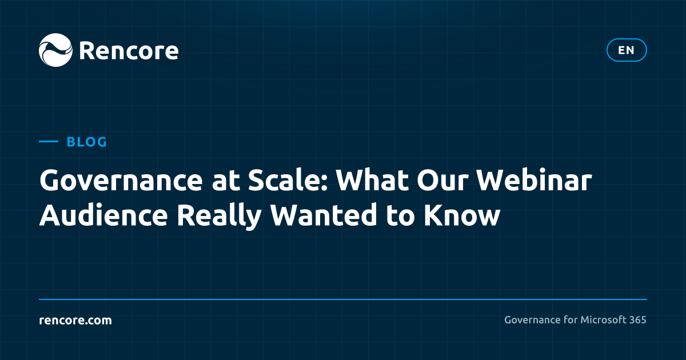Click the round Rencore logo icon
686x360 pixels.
coord(56,50)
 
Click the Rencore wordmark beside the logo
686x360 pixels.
coord(129,51)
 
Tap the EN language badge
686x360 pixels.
coord(627,50)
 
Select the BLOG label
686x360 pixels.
coord(87,142)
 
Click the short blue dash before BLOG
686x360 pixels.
coord(49,142)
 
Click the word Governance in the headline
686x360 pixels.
coord(121,181)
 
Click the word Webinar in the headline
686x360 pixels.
coord(534,181)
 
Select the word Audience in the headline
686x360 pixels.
coord(103,215)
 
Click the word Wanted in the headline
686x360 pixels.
coord(324,215)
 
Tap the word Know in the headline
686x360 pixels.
coord(462,215)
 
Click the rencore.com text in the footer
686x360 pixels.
coord(75,320)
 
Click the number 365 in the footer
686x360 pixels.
coord(637,320)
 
